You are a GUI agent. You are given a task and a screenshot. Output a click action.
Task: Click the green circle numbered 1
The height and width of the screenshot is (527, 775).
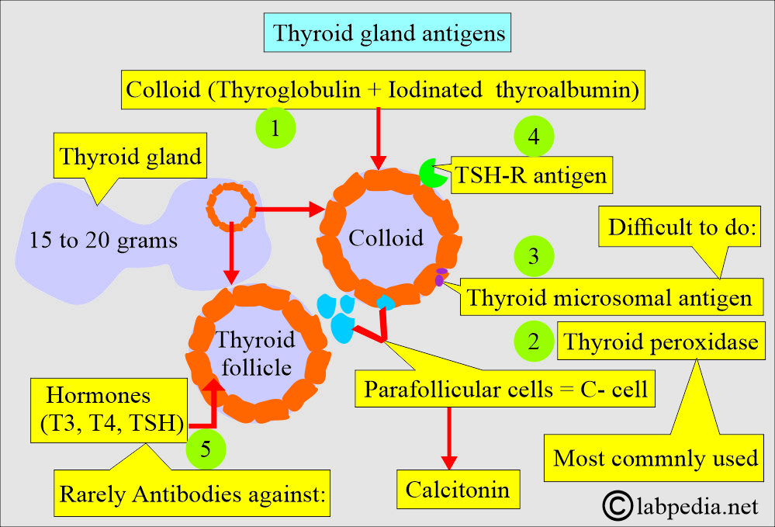coord(275,128)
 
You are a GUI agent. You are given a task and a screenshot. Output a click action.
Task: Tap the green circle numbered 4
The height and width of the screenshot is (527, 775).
coord(534,137)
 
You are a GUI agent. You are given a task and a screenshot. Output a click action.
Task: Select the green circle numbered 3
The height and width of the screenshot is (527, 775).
coord(534,256)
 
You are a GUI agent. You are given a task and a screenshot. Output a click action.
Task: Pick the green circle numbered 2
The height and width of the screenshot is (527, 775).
coord(534,342)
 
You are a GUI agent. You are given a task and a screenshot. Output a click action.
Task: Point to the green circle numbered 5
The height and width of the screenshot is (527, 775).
coord(206,449)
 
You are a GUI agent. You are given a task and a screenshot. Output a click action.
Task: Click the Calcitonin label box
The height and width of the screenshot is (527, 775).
coord(458,490)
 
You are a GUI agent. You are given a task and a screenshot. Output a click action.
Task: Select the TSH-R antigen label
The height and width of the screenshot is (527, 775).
coord(531,175)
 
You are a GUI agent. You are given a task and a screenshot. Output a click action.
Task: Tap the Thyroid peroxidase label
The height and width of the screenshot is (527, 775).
coord(661,342)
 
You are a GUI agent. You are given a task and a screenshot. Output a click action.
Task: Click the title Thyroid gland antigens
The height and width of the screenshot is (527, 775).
coord(388,33)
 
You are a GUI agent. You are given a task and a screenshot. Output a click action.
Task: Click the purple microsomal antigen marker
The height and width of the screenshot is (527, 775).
coord(440,277)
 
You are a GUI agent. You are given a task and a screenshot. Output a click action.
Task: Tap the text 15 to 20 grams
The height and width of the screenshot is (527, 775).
coord(103,241)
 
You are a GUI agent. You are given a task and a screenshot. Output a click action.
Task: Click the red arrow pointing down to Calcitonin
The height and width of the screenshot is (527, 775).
coord(449,438)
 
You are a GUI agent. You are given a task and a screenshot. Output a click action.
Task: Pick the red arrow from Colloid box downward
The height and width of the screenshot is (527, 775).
coord(378,139)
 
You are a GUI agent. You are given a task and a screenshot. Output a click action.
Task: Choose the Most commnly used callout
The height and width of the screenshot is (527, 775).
coord(654,458)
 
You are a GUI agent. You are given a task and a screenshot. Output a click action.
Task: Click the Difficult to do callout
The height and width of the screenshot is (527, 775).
coord(680,227)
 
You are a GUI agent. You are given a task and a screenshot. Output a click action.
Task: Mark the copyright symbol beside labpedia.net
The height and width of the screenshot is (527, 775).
coord(618,506)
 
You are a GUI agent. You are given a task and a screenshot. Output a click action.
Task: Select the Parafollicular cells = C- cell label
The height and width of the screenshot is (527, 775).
coord(505,389)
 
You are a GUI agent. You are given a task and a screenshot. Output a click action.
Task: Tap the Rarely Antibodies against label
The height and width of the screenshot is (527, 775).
coord(192,493)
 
